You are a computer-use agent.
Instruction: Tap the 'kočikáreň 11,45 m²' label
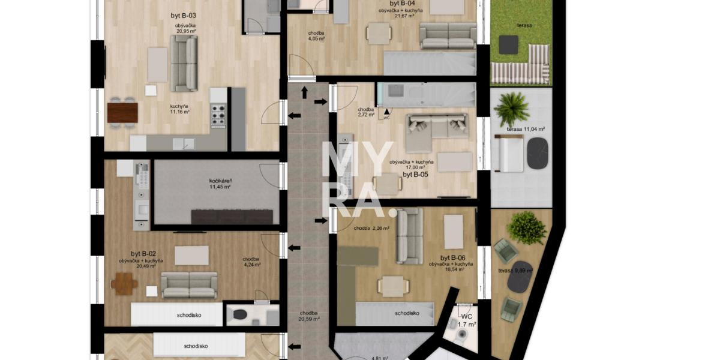pos(220,183)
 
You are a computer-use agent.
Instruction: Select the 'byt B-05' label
pos(415,175)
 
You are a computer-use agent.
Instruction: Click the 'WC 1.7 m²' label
pos(467,320)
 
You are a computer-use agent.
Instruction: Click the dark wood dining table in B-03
pos(122,112)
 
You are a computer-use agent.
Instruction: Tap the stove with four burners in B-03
pos(218,114)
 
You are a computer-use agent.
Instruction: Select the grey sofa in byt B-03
pos(184,63)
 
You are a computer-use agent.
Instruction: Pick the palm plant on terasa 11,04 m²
pos(511,109)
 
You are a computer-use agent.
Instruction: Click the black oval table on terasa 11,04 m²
pos(537,154)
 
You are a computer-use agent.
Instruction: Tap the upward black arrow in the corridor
pos(304,92)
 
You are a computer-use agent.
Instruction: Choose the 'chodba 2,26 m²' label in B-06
pos(371,228)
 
